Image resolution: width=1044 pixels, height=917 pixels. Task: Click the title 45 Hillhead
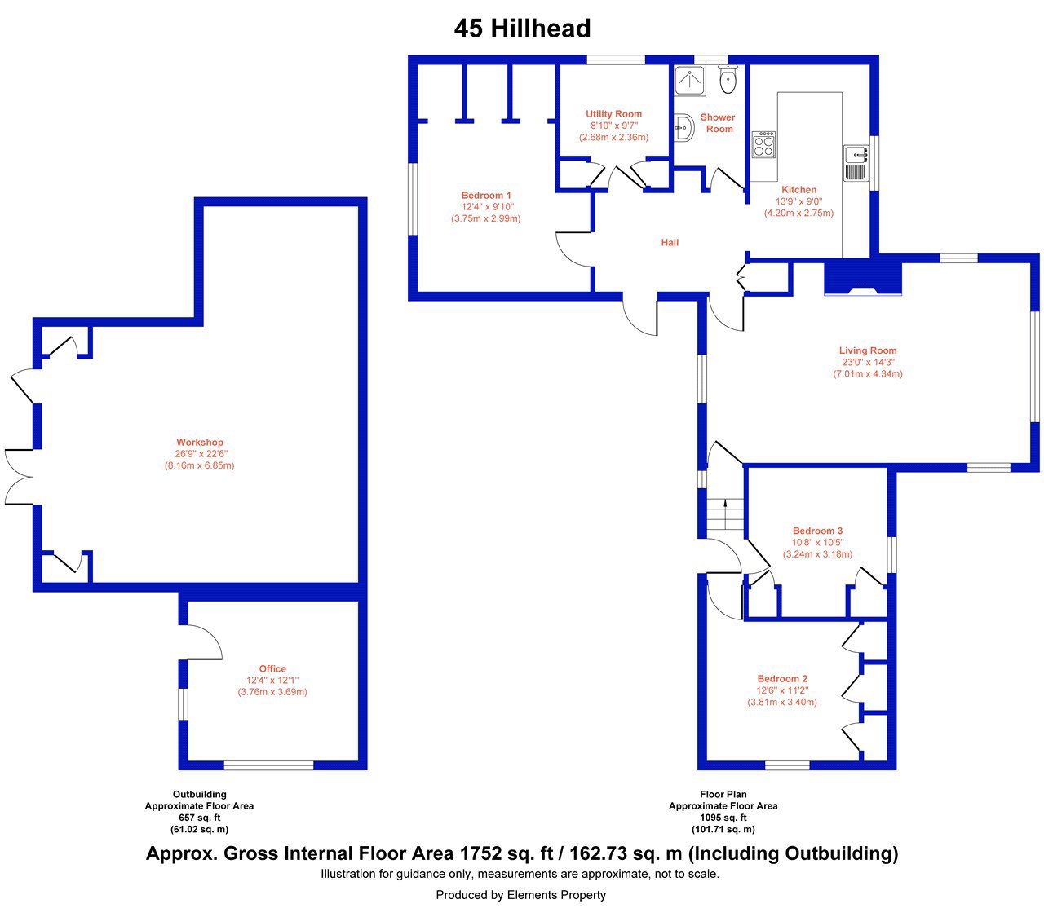(522, 29)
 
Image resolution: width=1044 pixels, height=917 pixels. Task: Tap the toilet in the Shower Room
(728, 80)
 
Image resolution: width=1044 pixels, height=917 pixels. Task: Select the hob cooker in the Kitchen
(763, 144)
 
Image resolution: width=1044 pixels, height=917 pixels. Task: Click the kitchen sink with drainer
(856, 163)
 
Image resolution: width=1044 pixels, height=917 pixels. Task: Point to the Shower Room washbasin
(683, 127)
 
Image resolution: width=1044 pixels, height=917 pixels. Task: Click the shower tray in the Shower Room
(690, 81)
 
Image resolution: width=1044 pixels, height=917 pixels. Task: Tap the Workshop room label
(200, 443)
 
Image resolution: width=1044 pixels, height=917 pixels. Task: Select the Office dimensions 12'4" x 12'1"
(272, 680)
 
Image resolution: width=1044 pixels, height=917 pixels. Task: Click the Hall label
(670, 243)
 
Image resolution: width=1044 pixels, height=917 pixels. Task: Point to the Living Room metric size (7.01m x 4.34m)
(867, 374)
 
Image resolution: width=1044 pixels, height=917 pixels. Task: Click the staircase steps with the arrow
(724, 514)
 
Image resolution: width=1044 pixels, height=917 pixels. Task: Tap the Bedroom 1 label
(486, 195)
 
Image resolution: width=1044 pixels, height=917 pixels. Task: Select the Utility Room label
(613, 114)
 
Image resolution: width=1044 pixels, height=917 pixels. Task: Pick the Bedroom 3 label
(817, 531)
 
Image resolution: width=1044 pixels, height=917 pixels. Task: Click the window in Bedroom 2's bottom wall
(787, 765)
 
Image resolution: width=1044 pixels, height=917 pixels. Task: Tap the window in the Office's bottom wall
(268, 765)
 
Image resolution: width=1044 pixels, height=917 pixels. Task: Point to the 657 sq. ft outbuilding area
(200, 817)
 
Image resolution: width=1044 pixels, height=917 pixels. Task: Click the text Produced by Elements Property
(520, 895)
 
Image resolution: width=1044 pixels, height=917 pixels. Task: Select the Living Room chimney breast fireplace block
(863, 278)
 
